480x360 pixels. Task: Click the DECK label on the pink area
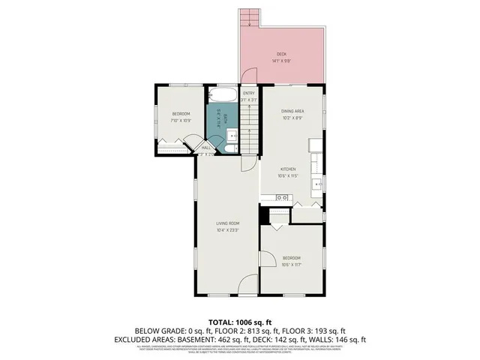click(282, 54)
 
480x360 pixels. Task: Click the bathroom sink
click(232, 136)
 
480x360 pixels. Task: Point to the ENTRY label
click(249, 93)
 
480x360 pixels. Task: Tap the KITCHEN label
click(289, 169)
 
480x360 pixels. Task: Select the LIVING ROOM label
click(229, 223)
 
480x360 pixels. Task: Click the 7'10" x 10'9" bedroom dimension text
click(181, 120)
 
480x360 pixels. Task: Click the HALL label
click(206, 148)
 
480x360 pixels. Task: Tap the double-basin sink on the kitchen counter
click(281, 196)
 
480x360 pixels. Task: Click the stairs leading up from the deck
click(249, 18)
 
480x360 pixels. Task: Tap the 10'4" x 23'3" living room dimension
click(229, 229)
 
